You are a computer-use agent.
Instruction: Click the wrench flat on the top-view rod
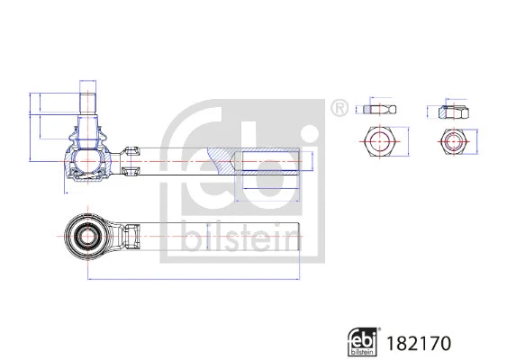[129, 237]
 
